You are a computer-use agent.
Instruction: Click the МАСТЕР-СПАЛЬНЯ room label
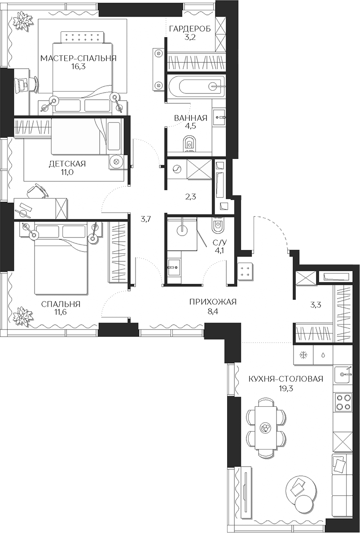coord(78,58)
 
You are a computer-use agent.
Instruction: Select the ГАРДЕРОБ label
coord(190,29)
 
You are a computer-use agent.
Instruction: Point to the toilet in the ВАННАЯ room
coord(190,144)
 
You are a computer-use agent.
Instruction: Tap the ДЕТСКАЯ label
coord(67,163)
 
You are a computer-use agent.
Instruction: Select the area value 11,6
coord(61,313)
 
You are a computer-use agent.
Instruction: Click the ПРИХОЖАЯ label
coord(212,301)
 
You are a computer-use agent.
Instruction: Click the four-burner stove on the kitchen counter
coord(343,401)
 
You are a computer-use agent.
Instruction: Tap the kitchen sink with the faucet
coord(345,374)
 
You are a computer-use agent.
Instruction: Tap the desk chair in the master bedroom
coord(22,84)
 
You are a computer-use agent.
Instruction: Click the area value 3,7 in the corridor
coord(145,219)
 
